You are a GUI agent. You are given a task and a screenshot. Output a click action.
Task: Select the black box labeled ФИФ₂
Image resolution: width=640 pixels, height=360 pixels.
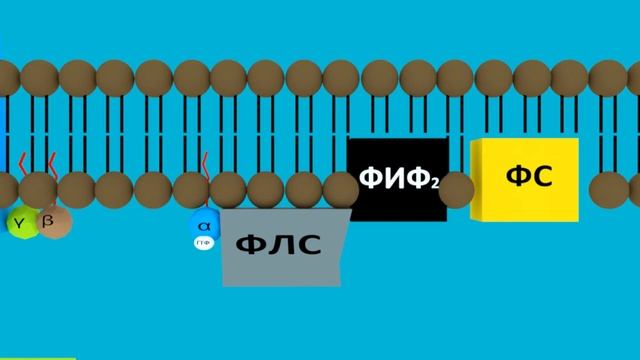pos(398,180)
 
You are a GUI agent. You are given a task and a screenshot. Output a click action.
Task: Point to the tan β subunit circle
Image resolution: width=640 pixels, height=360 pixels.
pos(54,221)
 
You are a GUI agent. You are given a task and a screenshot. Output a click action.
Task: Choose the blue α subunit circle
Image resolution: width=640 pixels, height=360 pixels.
pos(204,224)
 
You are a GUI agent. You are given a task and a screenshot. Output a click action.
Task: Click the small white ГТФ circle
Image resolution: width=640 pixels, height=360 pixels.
pos(204,243)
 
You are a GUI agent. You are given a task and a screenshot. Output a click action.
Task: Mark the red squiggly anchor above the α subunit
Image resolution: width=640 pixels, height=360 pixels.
pos(205,163)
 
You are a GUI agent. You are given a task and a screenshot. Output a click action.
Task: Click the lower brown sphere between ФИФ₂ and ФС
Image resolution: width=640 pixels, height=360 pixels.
pos(456,188)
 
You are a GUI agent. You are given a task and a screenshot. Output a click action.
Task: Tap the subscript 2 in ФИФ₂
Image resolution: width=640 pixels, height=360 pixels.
pos(436,185)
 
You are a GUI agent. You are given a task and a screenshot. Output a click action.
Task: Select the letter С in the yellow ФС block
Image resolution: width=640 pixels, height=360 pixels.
pos(541,178)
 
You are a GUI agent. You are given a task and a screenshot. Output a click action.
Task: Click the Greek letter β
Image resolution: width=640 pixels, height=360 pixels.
pos(48,220)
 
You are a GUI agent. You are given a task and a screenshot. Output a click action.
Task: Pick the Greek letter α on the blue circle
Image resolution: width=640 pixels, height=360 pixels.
pos(204,226)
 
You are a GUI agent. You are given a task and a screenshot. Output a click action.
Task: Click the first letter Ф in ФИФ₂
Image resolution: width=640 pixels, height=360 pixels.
pos(370,180)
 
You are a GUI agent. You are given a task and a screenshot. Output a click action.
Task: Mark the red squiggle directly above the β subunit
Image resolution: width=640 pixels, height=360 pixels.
pos(52,162)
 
